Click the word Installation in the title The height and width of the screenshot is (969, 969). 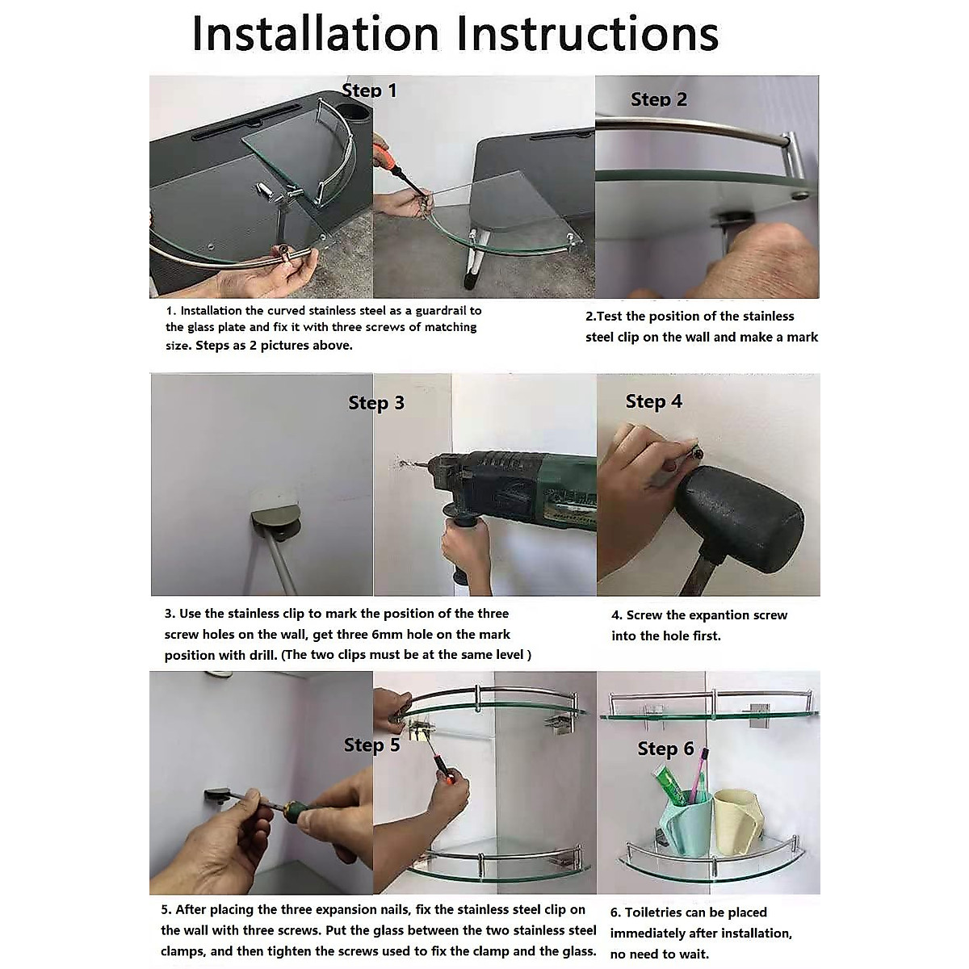tap(316, 34)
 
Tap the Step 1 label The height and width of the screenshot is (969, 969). tap(369, 90)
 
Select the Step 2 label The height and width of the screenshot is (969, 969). tap(659, 99)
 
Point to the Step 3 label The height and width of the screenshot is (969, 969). tap(376, 403)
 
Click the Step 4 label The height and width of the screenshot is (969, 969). tap(654, 401)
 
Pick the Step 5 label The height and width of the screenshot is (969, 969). tap(371, 745)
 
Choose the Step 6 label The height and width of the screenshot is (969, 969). tap(665, 749)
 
